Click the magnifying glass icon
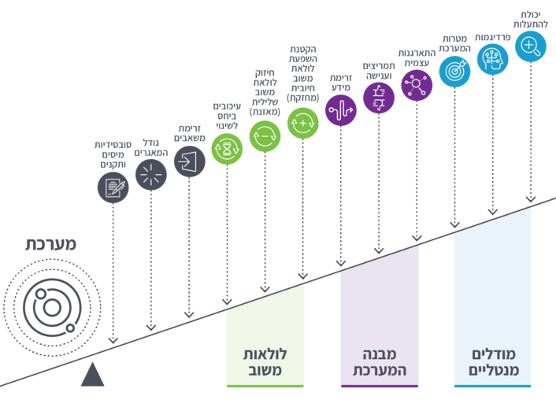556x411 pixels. (531, 45)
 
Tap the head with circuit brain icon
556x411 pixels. (492, 58)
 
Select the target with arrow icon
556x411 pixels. (454, 70)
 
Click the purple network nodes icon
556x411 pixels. (417, 83)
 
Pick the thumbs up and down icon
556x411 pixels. (379, 97)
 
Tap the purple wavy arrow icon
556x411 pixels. (341, 110)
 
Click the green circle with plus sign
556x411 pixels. (303, 122)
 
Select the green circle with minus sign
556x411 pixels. (265, 135)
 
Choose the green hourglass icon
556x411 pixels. (227, 148)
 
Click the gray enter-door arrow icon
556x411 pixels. (189, 161)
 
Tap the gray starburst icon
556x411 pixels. (151, 174)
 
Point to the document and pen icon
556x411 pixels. (113, 187)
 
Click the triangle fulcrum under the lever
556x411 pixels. (93, 376)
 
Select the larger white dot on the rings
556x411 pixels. (41, 294)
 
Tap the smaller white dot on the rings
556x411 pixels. (70, 328)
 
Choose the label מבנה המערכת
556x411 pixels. (379, 362)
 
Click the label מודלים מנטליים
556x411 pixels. (492, 362)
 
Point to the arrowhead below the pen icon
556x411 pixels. (113, 339)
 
